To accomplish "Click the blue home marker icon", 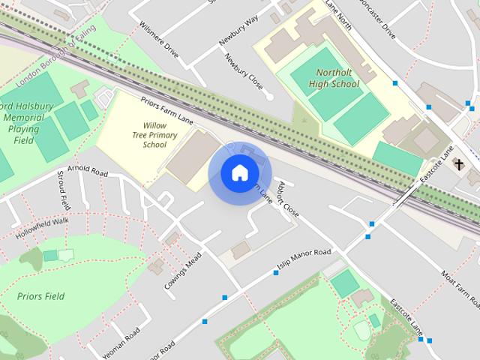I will coord(238,173).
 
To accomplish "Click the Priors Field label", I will coord(40,295).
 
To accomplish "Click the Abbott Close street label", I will coord(288,199).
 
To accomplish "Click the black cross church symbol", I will coord(458,164).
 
